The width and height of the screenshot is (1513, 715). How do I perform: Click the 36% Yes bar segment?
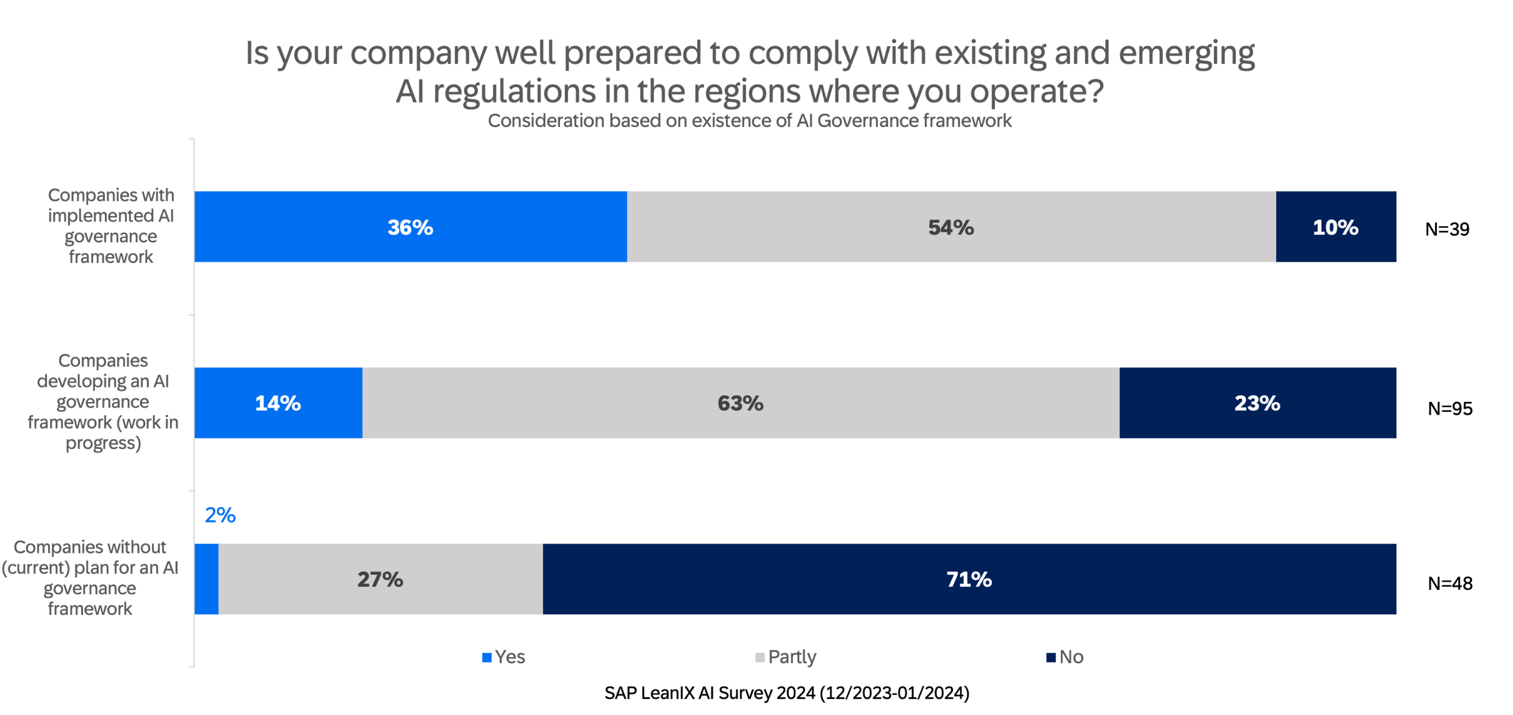(x=410, y=227)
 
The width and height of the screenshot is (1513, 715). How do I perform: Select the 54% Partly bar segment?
(x=951, y=227)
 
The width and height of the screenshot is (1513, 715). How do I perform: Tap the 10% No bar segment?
(x=1335, y=227)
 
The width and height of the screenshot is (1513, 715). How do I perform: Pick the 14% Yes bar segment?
(x=278, y=403)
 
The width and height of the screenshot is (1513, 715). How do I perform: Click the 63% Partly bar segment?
(x=740, y=403)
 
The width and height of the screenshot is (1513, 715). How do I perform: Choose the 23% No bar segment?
(x=1257, y=403)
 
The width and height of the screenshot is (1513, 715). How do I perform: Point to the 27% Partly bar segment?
(x=380, y=579)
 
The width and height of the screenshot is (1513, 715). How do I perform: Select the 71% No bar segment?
(x=969, y=579)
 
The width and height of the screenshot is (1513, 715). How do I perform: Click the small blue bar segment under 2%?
(x=206, y=579)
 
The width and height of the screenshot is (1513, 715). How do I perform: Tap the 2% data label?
(x=220, y=516)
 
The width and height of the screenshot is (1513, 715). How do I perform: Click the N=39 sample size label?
(x=1447, y=229)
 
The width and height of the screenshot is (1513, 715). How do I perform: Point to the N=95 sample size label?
(x=1450, y=408)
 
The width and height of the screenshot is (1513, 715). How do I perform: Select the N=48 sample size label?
(x=1450, y=583)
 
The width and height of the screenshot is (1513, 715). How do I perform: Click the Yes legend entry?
(x=504, y=657)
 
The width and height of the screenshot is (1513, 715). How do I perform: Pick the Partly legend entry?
(x=786, y=657)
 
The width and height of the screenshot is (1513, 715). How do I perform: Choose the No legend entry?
(x=1065, y=657)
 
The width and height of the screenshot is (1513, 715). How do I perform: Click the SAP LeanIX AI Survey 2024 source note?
(x=786, y=693)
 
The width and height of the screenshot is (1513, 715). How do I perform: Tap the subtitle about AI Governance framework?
(x=749, y=121)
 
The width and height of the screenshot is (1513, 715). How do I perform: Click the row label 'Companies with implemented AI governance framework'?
(x=111, y=226)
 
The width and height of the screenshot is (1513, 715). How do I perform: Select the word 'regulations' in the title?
(x=514, y=92)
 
